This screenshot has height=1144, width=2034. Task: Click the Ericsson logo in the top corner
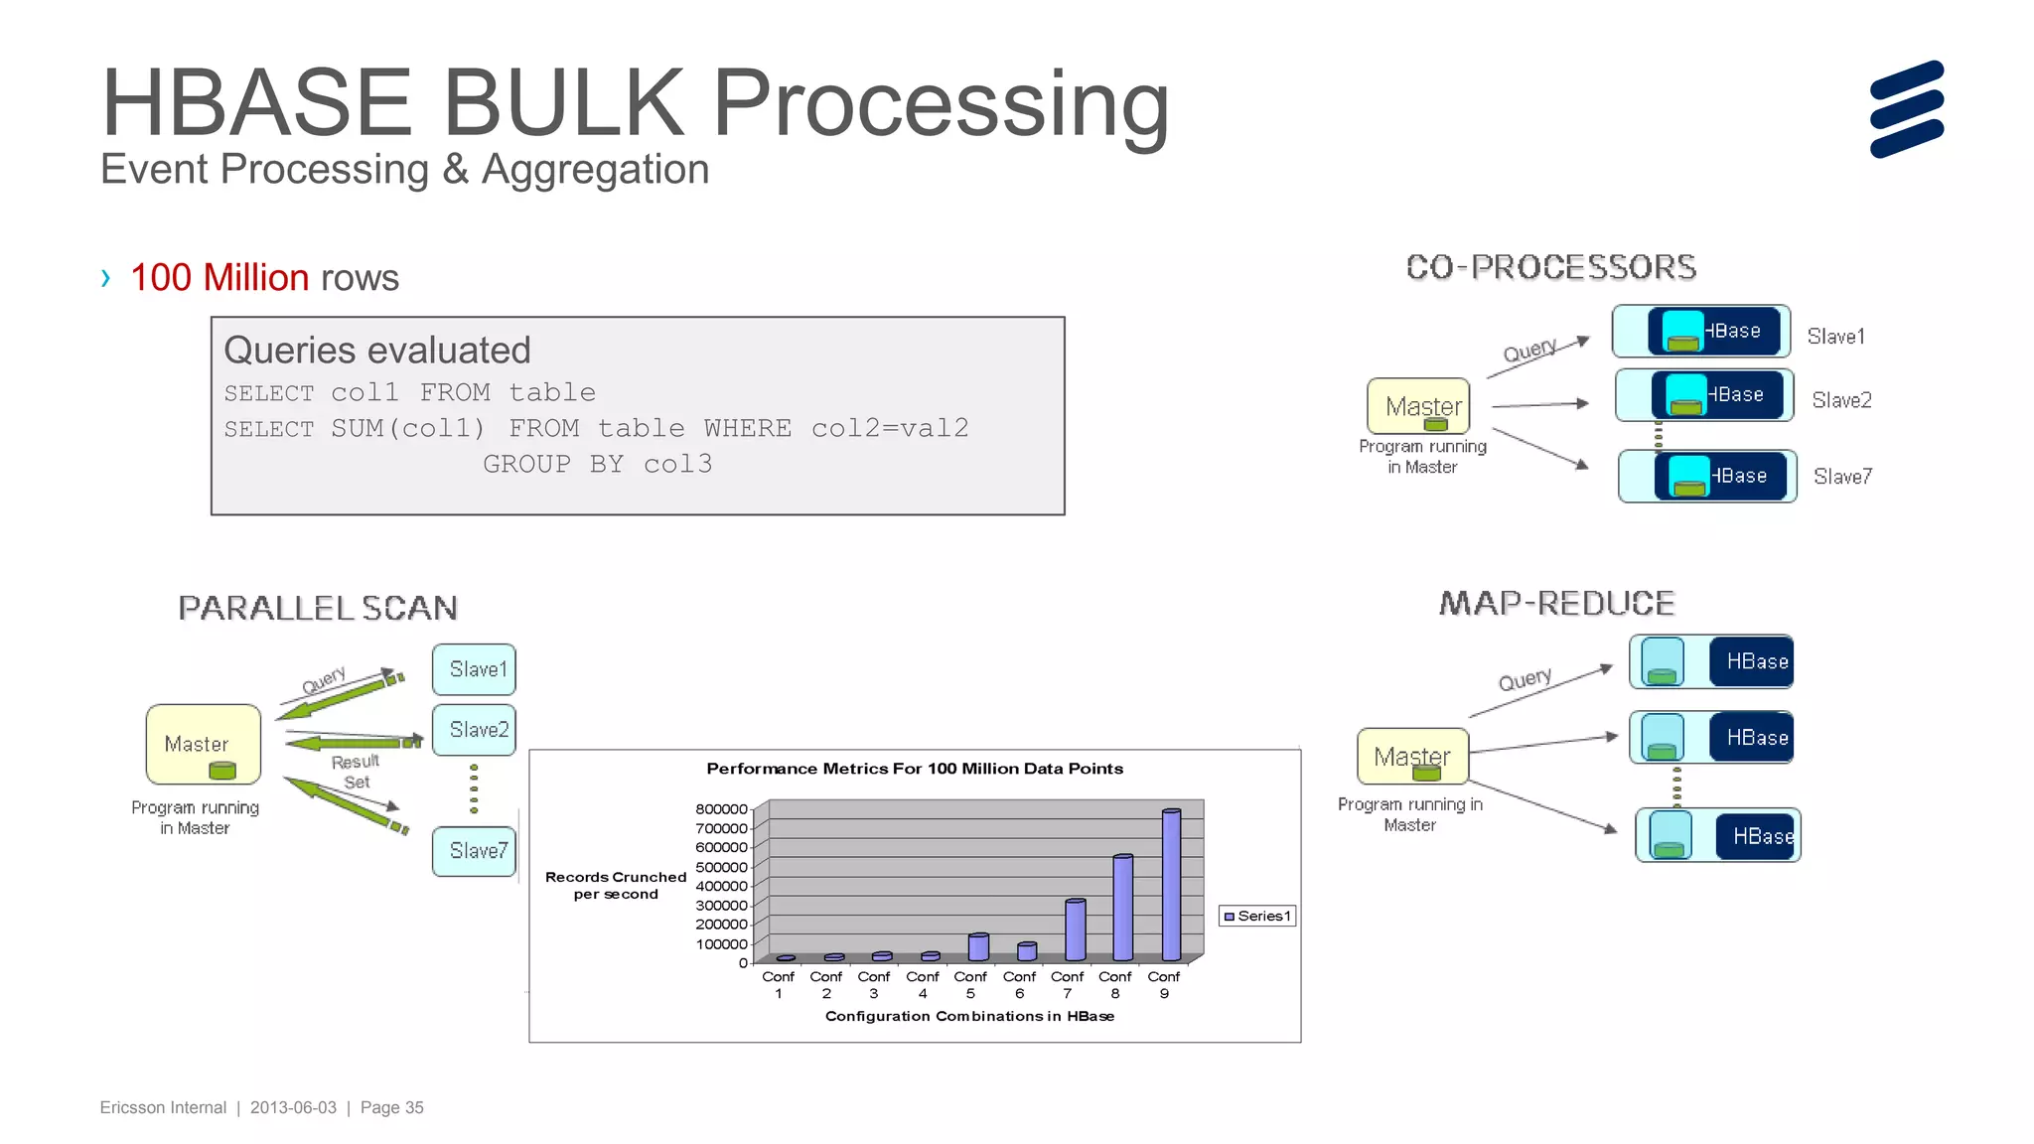1906,109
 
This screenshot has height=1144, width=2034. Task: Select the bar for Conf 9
1171,885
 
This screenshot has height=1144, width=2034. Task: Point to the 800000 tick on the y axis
721,808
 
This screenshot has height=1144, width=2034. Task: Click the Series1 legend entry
1257,916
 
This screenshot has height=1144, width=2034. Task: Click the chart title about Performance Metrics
915,769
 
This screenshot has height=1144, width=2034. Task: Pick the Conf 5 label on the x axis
970,984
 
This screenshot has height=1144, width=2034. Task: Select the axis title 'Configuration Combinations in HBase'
969,1016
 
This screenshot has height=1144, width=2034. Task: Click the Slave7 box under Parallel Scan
475,851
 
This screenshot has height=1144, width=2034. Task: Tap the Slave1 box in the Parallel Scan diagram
475,669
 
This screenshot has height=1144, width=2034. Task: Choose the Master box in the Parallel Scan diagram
203,745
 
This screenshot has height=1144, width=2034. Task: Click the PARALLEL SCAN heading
318,608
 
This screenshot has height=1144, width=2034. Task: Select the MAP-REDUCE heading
1556,603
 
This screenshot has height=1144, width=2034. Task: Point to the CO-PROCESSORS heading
1550,267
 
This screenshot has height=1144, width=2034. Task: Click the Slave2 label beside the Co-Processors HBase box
1841,400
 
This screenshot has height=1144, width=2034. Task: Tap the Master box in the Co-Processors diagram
1418,406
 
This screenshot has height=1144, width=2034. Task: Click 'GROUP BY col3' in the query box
597,465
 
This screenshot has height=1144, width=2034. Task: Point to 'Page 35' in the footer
391,1107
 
